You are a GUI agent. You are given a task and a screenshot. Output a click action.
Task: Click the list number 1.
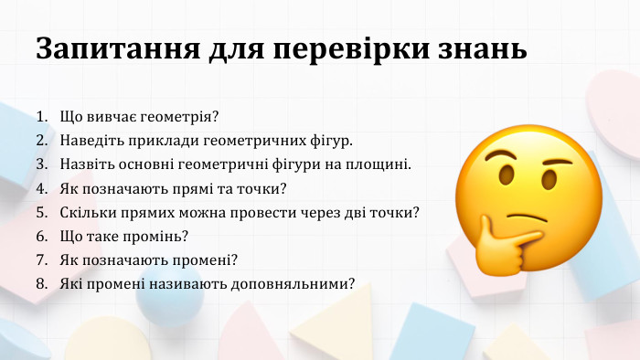42,118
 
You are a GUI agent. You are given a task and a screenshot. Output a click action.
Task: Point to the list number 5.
42,213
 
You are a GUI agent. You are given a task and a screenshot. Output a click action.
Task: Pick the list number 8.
42,284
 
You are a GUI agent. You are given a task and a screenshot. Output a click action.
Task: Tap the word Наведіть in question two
90,142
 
